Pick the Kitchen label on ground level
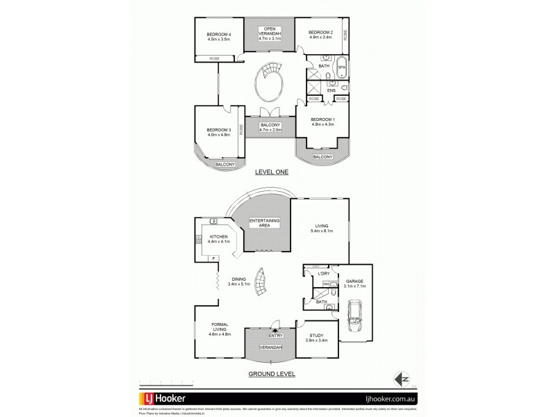tap(219, 237)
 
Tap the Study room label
tap(316, 336)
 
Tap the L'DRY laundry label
tap(322, 274)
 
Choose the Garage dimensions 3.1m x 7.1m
tap(355, 286)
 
